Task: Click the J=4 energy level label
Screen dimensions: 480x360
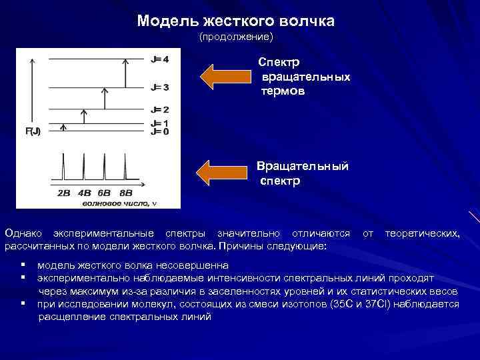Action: pos(160,59)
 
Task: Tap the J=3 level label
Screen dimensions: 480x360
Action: pos(160,87)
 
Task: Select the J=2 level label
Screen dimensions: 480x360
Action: pos(160,109)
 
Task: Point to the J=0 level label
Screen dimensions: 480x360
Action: pos(160,131)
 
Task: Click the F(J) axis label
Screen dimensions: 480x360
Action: pos(33,131)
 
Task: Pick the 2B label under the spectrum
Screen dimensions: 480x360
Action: pos(64,193)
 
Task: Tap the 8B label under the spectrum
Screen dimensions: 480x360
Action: pos(126,193)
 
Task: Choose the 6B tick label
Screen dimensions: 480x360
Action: pos(105,193)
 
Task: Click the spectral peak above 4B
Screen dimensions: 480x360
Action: pos(84,167)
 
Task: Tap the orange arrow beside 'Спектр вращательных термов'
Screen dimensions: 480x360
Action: pos(225,76)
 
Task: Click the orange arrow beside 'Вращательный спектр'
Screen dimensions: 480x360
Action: pos(225,172)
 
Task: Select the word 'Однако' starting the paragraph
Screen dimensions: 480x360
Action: pos(24,233)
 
